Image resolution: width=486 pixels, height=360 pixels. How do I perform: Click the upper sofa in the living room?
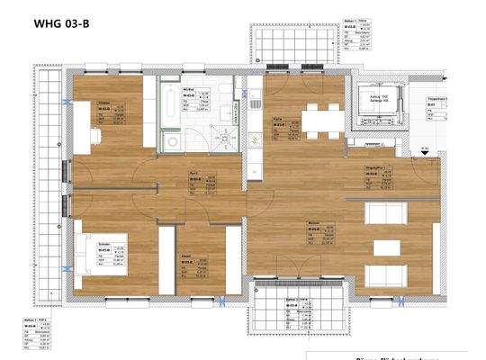[x=387, y=212]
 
